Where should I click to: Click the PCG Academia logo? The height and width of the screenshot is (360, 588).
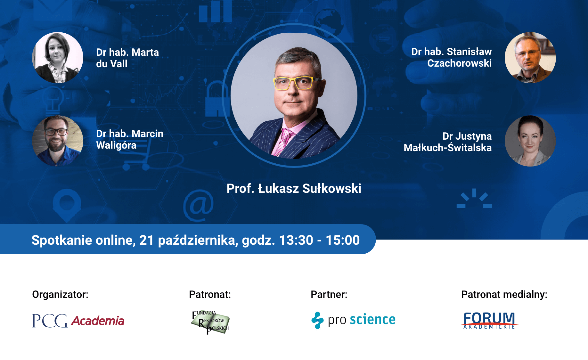pyautogui.click(x=78, y=320)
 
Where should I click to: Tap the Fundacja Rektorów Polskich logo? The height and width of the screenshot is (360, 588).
pyautogui.click(x=210, y=322)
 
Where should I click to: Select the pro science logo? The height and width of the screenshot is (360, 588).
pyautogui.click(x=353, y=320)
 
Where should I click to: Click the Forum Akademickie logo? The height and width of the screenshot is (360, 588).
pyautogui.click(x=489, y=320)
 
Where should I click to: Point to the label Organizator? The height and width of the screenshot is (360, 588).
pyautogui.click(x=60, y=294)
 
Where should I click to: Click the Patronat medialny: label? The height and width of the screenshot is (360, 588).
pyautogui.click(x=504, y=294)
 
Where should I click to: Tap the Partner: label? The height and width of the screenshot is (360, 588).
pyautogui.click(x=329, y=294)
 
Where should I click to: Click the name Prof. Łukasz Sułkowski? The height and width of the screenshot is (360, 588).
pyautogui.click(x=294, y=188)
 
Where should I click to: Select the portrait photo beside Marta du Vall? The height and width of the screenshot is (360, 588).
pyautogui.click(x=58, y=58)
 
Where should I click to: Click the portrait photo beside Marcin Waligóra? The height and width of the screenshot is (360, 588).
pyautogui.click(x=58, y=141)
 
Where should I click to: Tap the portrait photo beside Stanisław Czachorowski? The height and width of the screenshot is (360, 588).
pyautogui.click(x=530, y=58)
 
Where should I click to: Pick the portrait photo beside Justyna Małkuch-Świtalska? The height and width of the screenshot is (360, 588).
pyautogui.click(x=530, y=141)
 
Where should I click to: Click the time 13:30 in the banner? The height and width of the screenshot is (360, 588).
pyautogui.click(x=296, y=240)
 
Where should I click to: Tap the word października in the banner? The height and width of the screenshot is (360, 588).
pyautogui.click(x=198, y=240)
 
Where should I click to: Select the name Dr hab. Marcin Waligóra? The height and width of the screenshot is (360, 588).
pyautogui.click(x=129, y=139)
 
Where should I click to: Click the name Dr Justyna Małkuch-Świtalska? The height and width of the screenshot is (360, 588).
pyautogui.click(x=448, y=142)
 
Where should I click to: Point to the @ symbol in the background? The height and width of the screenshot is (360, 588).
pyautogui.click(x=199, y=205)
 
